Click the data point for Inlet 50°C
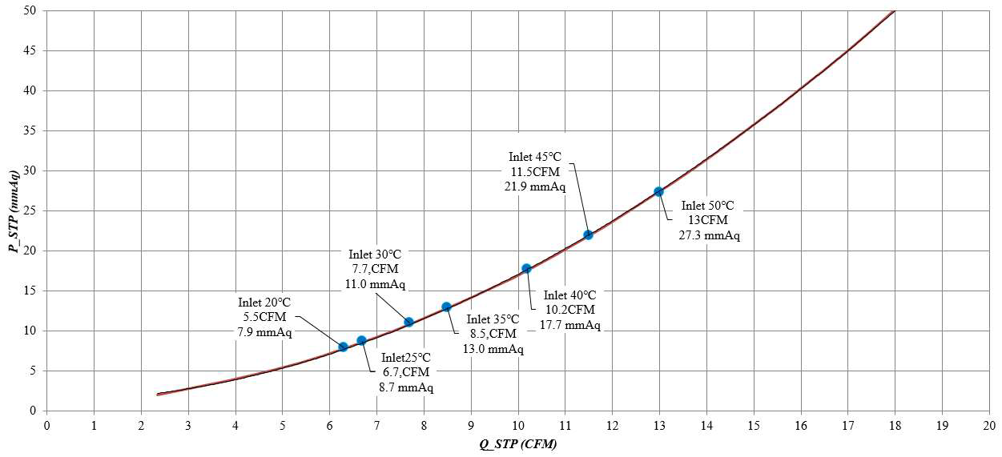click(658, 191)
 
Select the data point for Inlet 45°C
click(588, 235)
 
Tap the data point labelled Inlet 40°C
click(526, 268)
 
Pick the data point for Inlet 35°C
click(446, 307)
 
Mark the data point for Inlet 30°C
click(408, 322)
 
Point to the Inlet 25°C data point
click(361, 340)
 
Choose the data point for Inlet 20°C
click(343, 347)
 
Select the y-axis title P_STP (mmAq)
click(14, 210)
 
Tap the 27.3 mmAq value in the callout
click(710, 235)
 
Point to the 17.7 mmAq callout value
click(570, 324)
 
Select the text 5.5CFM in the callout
click(264, 317)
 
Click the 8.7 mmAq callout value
click(406, 387)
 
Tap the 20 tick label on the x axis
click(989, 425)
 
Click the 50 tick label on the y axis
click(30, 10)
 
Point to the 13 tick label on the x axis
click(659, 425)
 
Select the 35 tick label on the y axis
click(30, 130)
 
